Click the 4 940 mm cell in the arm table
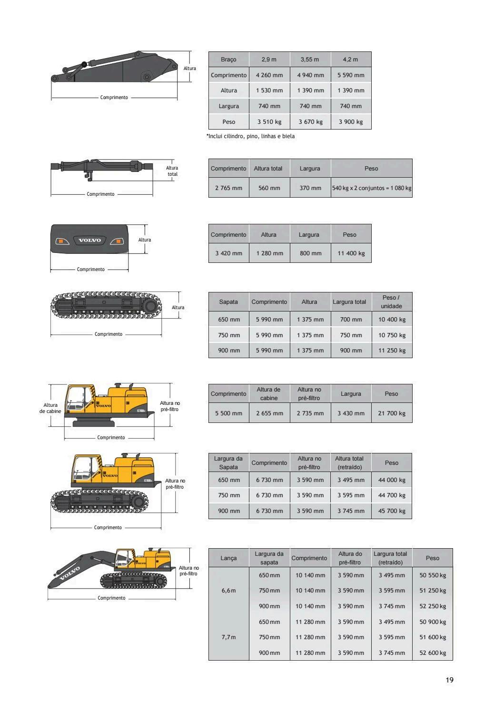tap(310, 75)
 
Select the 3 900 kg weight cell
tap(351, 122)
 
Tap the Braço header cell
tap(228, 60)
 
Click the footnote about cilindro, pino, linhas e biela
tap(250, 136)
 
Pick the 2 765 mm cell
tap(228, 188)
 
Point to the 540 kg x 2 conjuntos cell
tap(372, 188)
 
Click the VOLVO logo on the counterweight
tap(89, 240)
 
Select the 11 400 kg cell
tap(351, 253)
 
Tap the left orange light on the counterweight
tap(61, 241)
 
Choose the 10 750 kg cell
tap(392, 335)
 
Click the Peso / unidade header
tap(391, 302)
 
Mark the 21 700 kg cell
tap(392, 413)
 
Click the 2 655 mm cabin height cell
tap(269, 413)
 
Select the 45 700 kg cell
tap(392, 511)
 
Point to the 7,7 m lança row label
tap(228, 637)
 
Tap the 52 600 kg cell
tap(433, 653)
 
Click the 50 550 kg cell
tap(433, 575)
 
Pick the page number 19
tap(449, 680)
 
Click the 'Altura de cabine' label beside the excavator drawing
tap(50, 408)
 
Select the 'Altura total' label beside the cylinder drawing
tap(172, 171)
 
